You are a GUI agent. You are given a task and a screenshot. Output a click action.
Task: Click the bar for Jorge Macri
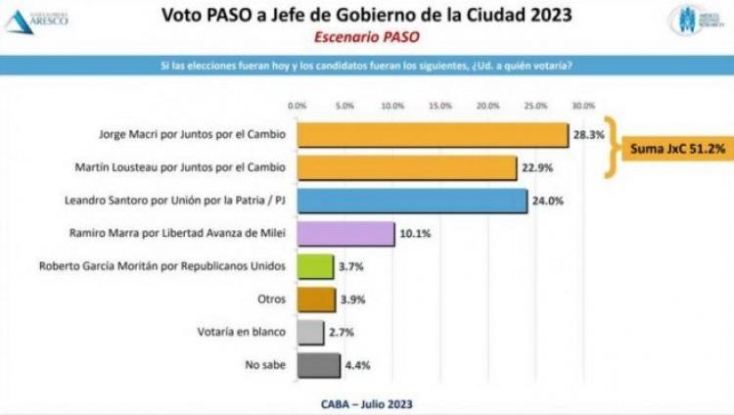[x=432, y=134]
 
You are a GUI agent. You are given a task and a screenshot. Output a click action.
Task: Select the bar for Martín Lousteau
[x=406, y=167]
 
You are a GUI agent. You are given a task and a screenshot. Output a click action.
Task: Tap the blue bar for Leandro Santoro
[x=411, y=201]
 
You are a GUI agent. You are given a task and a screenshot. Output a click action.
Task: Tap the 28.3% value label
[x=585, y=134]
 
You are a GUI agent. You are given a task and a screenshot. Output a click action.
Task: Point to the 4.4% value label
[x=356, y=366]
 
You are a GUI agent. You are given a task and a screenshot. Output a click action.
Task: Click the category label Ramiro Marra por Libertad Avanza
[x=177, y=234]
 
